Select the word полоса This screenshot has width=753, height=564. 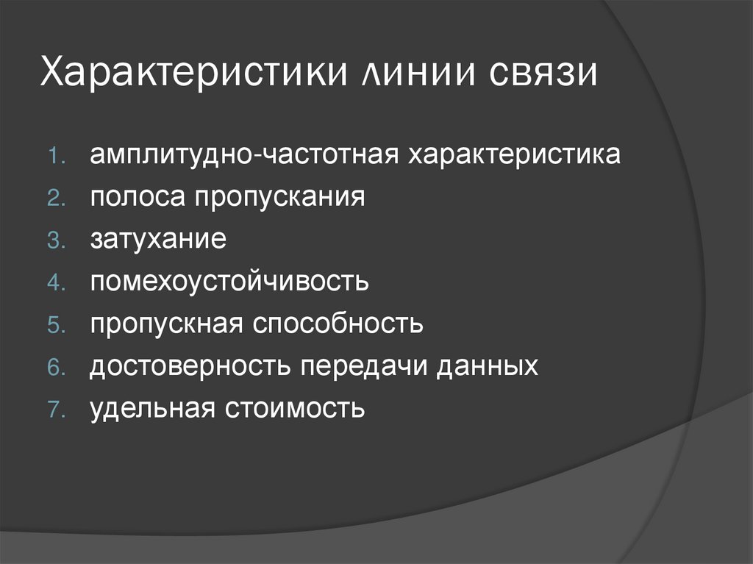tap(137, 198)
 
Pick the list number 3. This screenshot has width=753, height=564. tap(57, 241)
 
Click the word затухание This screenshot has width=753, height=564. tap(158, 240)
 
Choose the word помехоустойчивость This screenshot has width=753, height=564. tap(229, 282)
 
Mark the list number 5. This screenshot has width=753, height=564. tap(57, 325)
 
